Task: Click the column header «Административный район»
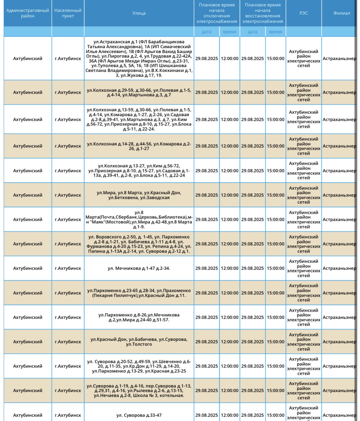(x=28, y=13)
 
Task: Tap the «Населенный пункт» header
(x=68, y=13)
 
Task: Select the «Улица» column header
(x=139, y=13)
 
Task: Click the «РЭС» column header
(x=304, y=13)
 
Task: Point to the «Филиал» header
(x=341, y=13)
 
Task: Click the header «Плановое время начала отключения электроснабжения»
(x=217, y=13)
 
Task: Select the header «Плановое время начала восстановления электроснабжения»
(x=263, y=13)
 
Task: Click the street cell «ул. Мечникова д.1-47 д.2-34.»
(x=139, y=268)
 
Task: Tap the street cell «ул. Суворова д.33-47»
(x=139, y=415)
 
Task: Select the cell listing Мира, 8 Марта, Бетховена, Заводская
(x=139, y=195)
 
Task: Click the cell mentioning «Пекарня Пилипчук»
(x=139, y=293)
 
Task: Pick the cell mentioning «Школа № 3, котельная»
(x=139, y=391)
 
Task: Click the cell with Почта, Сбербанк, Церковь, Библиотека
(x=139, y=220)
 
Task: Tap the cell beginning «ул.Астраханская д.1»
(x=139, y=59)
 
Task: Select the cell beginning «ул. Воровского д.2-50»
(x=139, y=244)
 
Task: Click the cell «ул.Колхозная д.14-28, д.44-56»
(x=139, y=146)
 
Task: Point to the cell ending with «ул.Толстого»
(x=139, y=342)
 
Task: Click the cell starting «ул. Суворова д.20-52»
(x=139, y=366)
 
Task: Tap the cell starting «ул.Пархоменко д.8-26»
(x=139, y=317)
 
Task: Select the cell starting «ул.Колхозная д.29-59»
(x=139, y=92)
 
